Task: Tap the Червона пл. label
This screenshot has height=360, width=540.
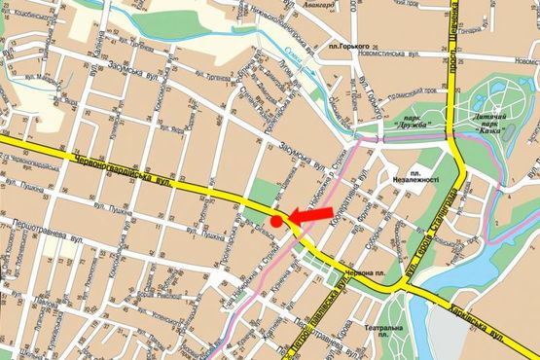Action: click(x=384, y=273)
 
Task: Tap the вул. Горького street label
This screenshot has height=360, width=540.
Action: click(x=370, y=97)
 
